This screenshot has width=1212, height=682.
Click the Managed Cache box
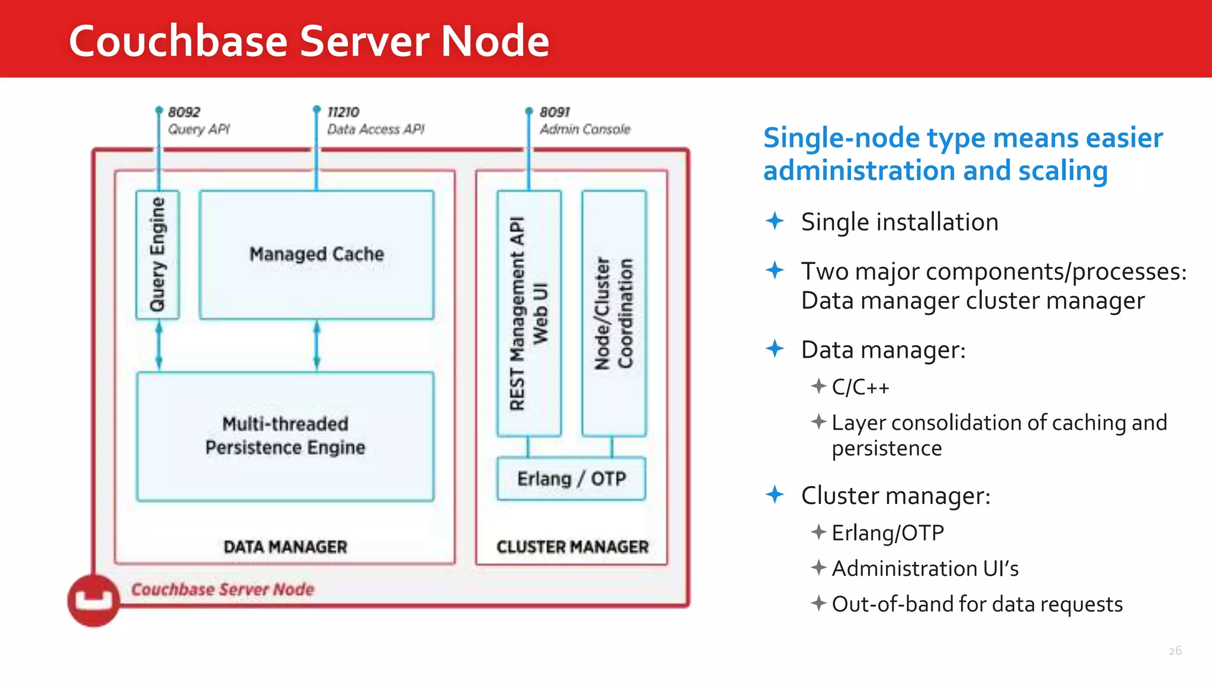click(x=317, y=255)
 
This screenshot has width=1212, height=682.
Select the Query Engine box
click(x=157, y=255)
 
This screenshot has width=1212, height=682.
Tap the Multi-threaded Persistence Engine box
click(x=285, y=436)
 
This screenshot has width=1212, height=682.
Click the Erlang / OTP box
click(x=571, y=478)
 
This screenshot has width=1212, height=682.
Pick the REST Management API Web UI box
click(x=528, y=313)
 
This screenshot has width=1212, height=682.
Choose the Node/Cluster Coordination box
click(x=614, y=313)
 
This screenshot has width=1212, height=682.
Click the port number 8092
click(x=184, y=112)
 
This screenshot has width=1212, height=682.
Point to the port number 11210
click(x=343, y=112)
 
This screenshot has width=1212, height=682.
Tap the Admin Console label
click(x=585, y=129)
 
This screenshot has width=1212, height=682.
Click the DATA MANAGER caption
click(x=285, y=546)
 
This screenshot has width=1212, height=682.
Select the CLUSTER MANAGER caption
click(x=572, y=546)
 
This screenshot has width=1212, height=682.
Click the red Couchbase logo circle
click(x=94, y=600)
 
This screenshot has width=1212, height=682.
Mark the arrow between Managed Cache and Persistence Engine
click(x=317, y=346)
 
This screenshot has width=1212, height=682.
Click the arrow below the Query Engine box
click(x=159, y=346)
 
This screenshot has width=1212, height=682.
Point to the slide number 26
click(x=1175, y=651)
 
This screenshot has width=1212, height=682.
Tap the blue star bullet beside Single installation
click(x=775, y=221)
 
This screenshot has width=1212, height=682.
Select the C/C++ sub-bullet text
click(x=860, y=387)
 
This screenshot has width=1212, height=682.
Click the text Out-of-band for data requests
click(x=977, y=604)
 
